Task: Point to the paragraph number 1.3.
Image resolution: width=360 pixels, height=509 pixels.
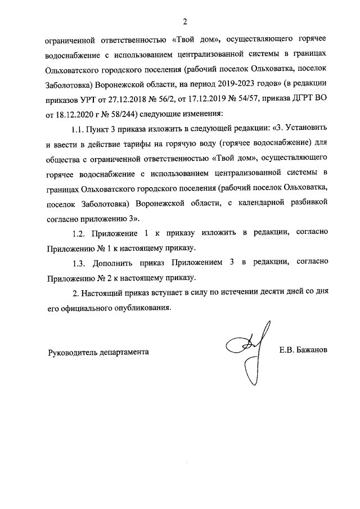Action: (x=81, y=263)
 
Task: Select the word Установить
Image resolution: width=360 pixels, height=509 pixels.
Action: (x=307, y=130)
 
